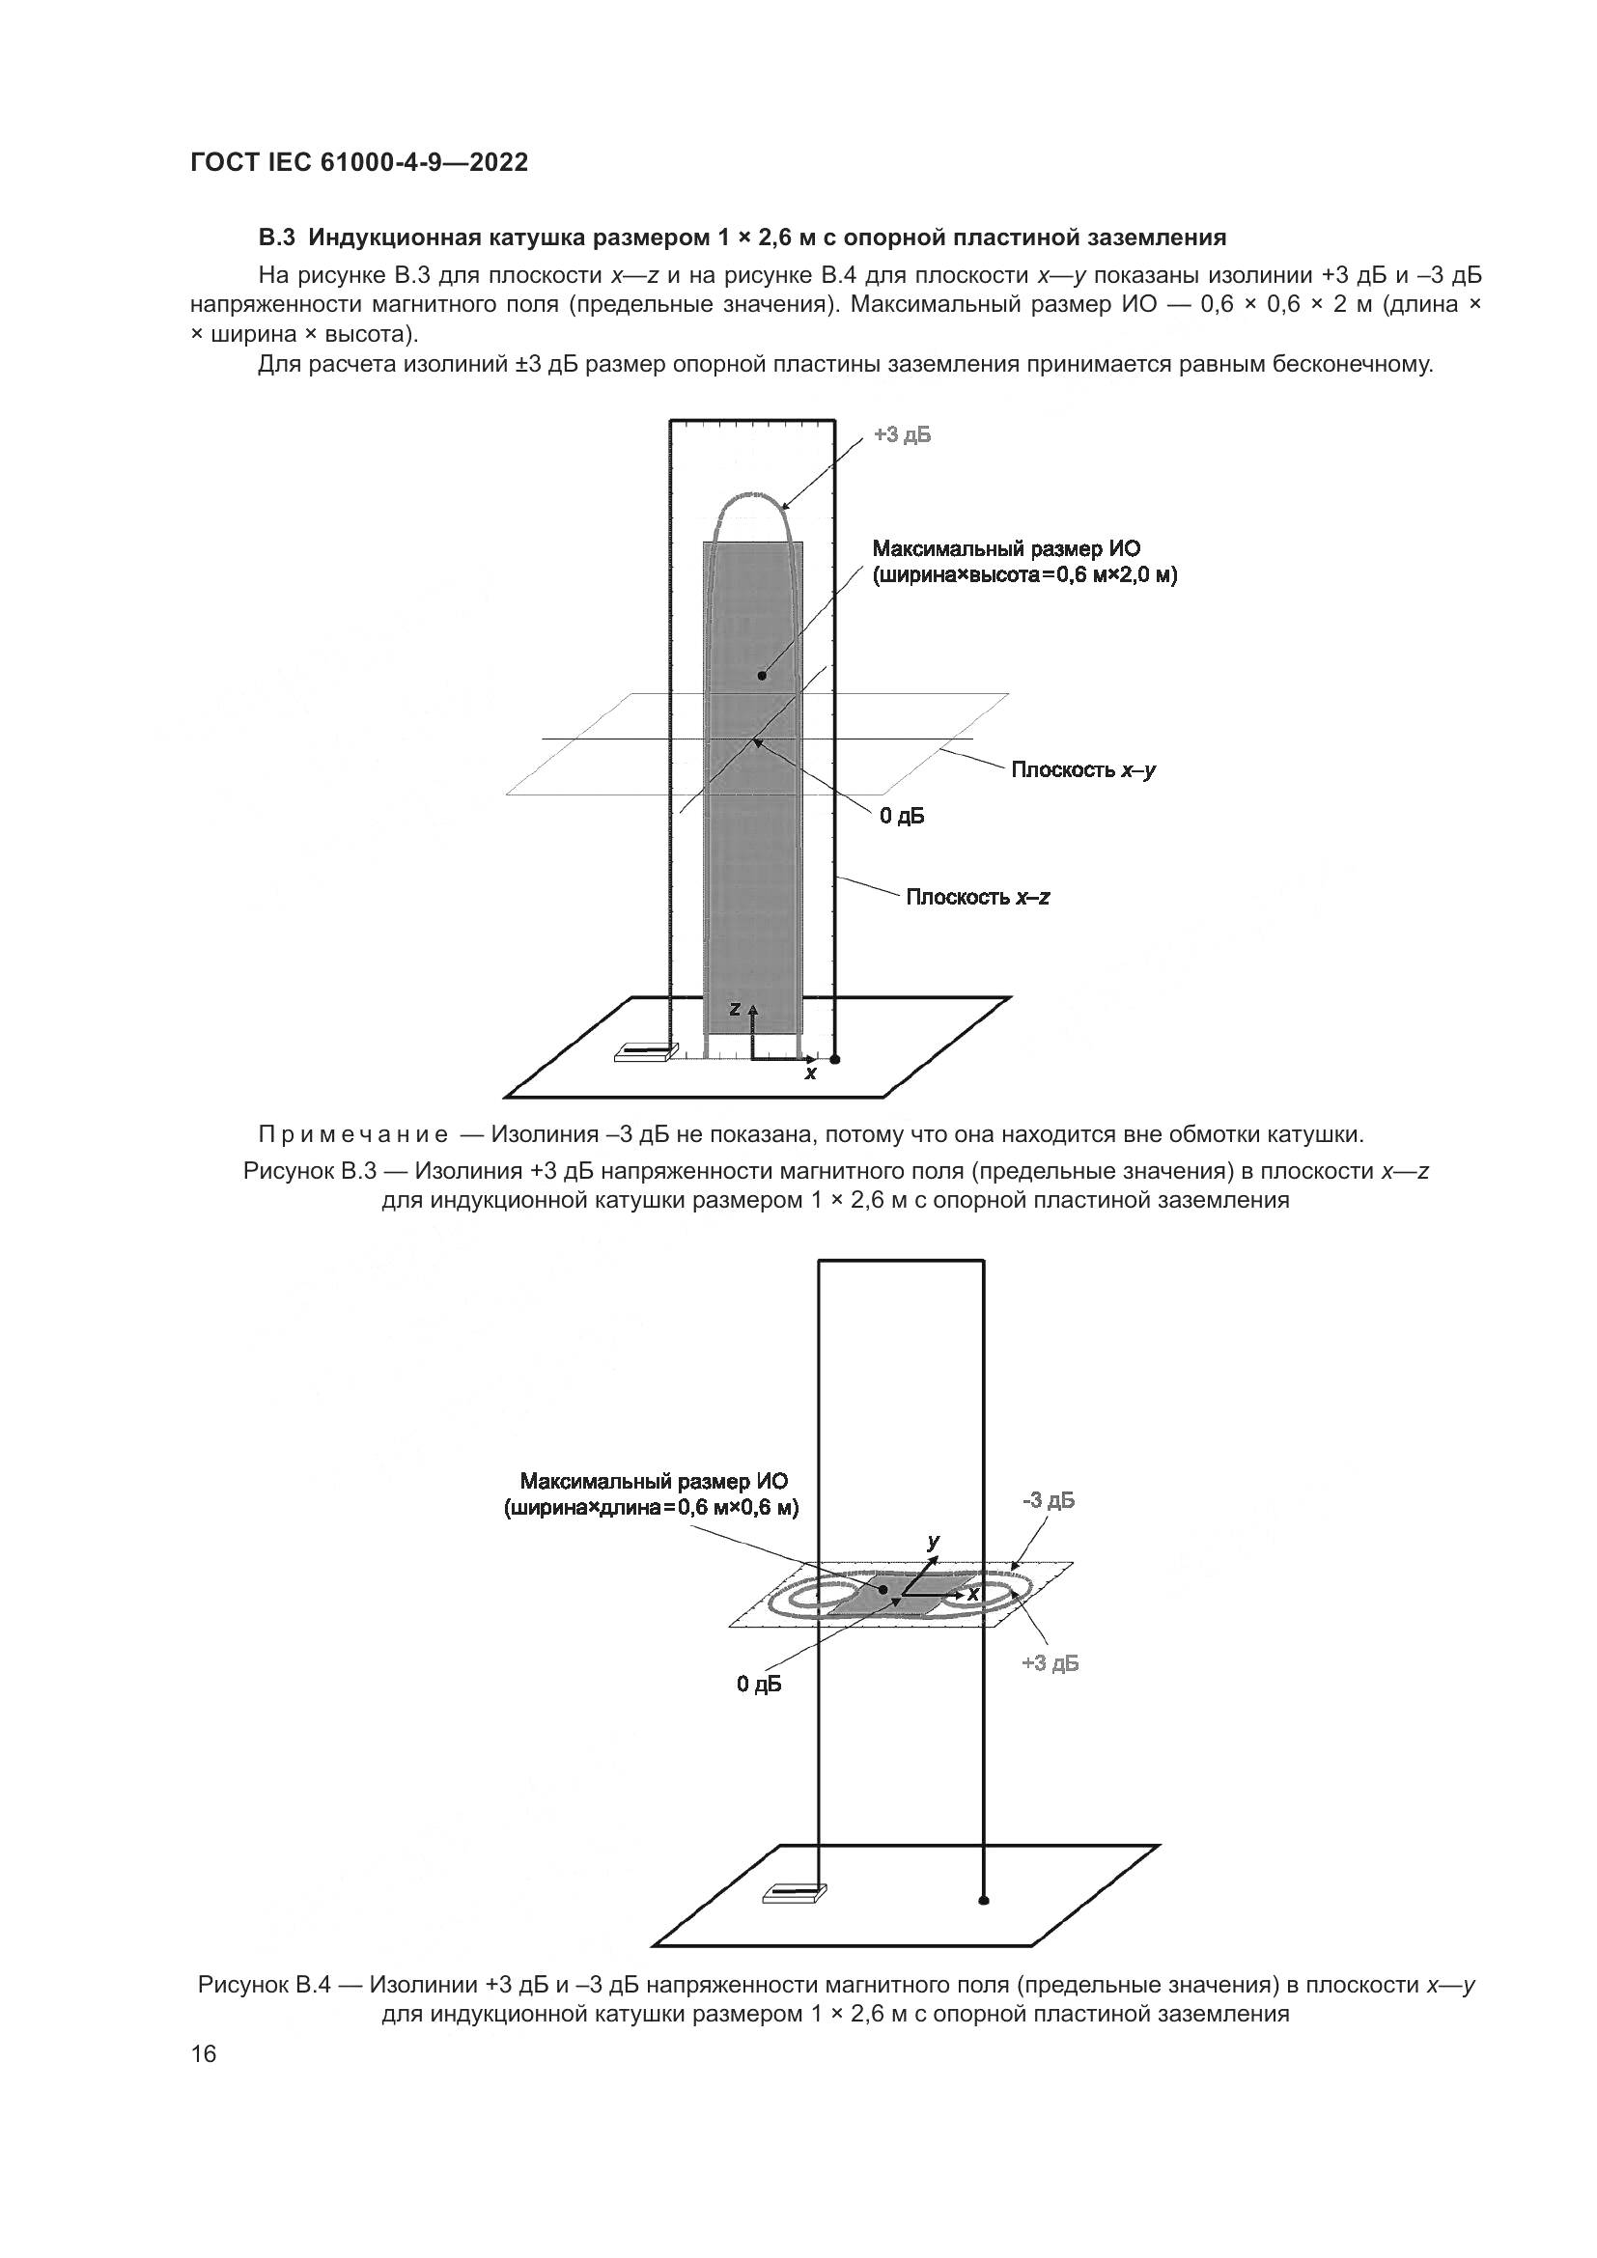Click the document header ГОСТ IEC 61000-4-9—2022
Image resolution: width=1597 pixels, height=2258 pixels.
click(x=359, y=163)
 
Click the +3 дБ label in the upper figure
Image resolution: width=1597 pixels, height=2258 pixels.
click(x=902, y=434)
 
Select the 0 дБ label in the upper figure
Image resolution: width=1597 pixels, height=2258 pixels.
click(x=902, y=817)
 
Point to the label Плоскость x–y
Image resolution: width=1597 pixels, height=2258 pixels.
click(x=1083, y=770)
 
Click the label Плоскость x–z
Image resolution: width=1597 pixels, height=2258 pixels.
click(x=977, y=897)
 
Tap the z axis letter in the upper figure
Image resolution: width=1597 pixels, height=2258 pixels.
click(x=735, y=1009)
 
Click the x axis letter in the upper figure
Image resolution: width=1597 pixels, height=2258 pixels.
click(x=810, y=1073)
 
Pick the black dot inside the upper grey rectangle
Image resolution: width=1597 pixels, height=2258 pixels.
click(x=761, y=676)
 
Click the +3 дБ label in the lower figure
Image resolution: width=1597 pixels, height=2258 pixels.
click(x=1051, y=1663)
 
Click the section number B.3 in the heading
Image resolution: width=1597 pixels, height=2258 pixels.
click(x=277, y=237)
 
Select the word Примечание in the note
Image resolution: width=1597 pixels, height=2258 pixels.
click(x=353, y=1135)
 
